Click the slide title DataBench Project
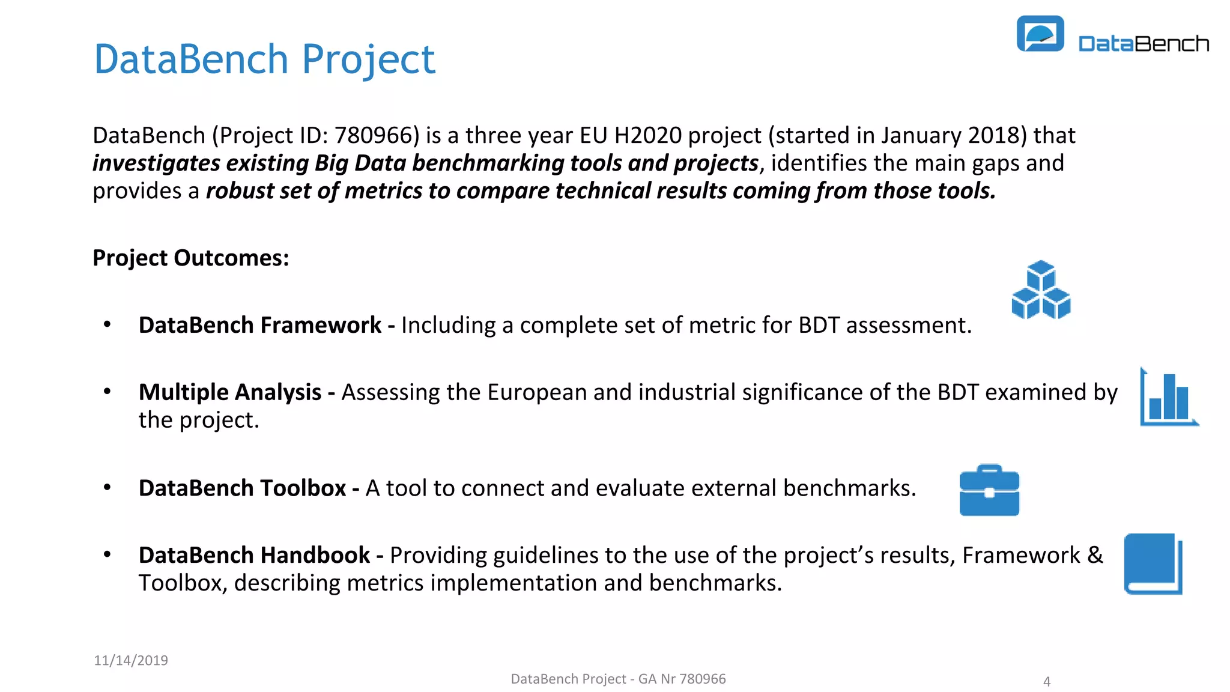pos(264,59)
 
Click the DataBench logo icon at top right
pos(1040,34)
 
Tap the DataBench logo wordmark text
pos(1144,44)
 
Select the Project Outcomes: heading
pos(190,258)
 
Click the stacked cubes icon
pos(1041,290)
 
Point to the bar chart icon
pos(1168,398)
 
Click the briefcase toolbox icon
pos(989,491)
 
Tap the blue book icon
pos(1153,563)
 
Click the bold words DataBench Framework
pos(259,325)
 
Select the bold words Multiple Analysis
pos(230,392)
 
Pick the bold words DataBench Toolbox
pos(242,488)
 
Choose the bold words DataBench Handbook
pos(254,556)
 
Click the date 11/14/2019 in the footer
pos(131,660)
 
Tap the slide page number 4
pos(1047,681)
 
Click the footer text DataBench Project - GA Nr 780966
pos(618,679)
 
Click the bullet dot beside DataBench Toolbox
pos(108,487)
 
